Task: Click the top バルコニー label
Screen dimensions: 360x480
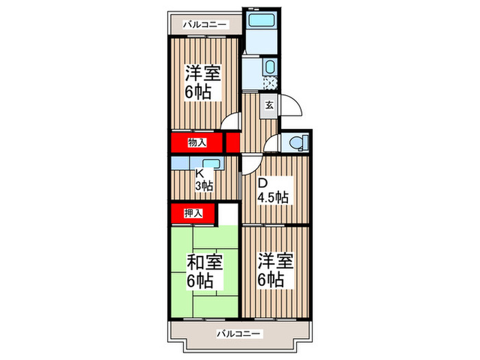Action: pos(205,25)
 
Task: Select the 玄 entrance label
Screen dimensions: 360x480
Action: pos(269,106)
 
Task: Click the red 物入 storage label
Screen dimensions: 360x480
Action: pos(197,143)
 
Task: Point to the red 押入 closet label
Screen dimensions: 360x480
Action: pos(194,214)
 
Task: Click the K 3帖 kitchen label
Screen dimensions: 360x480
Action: pos(204,180)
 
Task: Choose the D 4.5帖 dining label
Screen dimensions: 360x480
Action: pos(272,191)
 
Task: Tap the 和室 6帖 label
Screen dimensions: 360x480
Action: pos(204,272)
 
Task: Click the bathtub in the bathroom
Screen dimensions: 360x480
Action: pos(261,21)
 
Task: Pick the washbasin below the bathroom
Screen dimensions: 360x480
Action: pos(269,68)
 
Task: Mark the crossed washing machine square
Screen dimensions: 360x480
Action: pos(269,84)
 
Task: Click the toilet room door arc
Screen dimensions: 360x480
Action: pos(272,143)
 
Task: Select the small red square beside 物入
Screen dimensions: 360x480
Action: pos(233,143)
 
